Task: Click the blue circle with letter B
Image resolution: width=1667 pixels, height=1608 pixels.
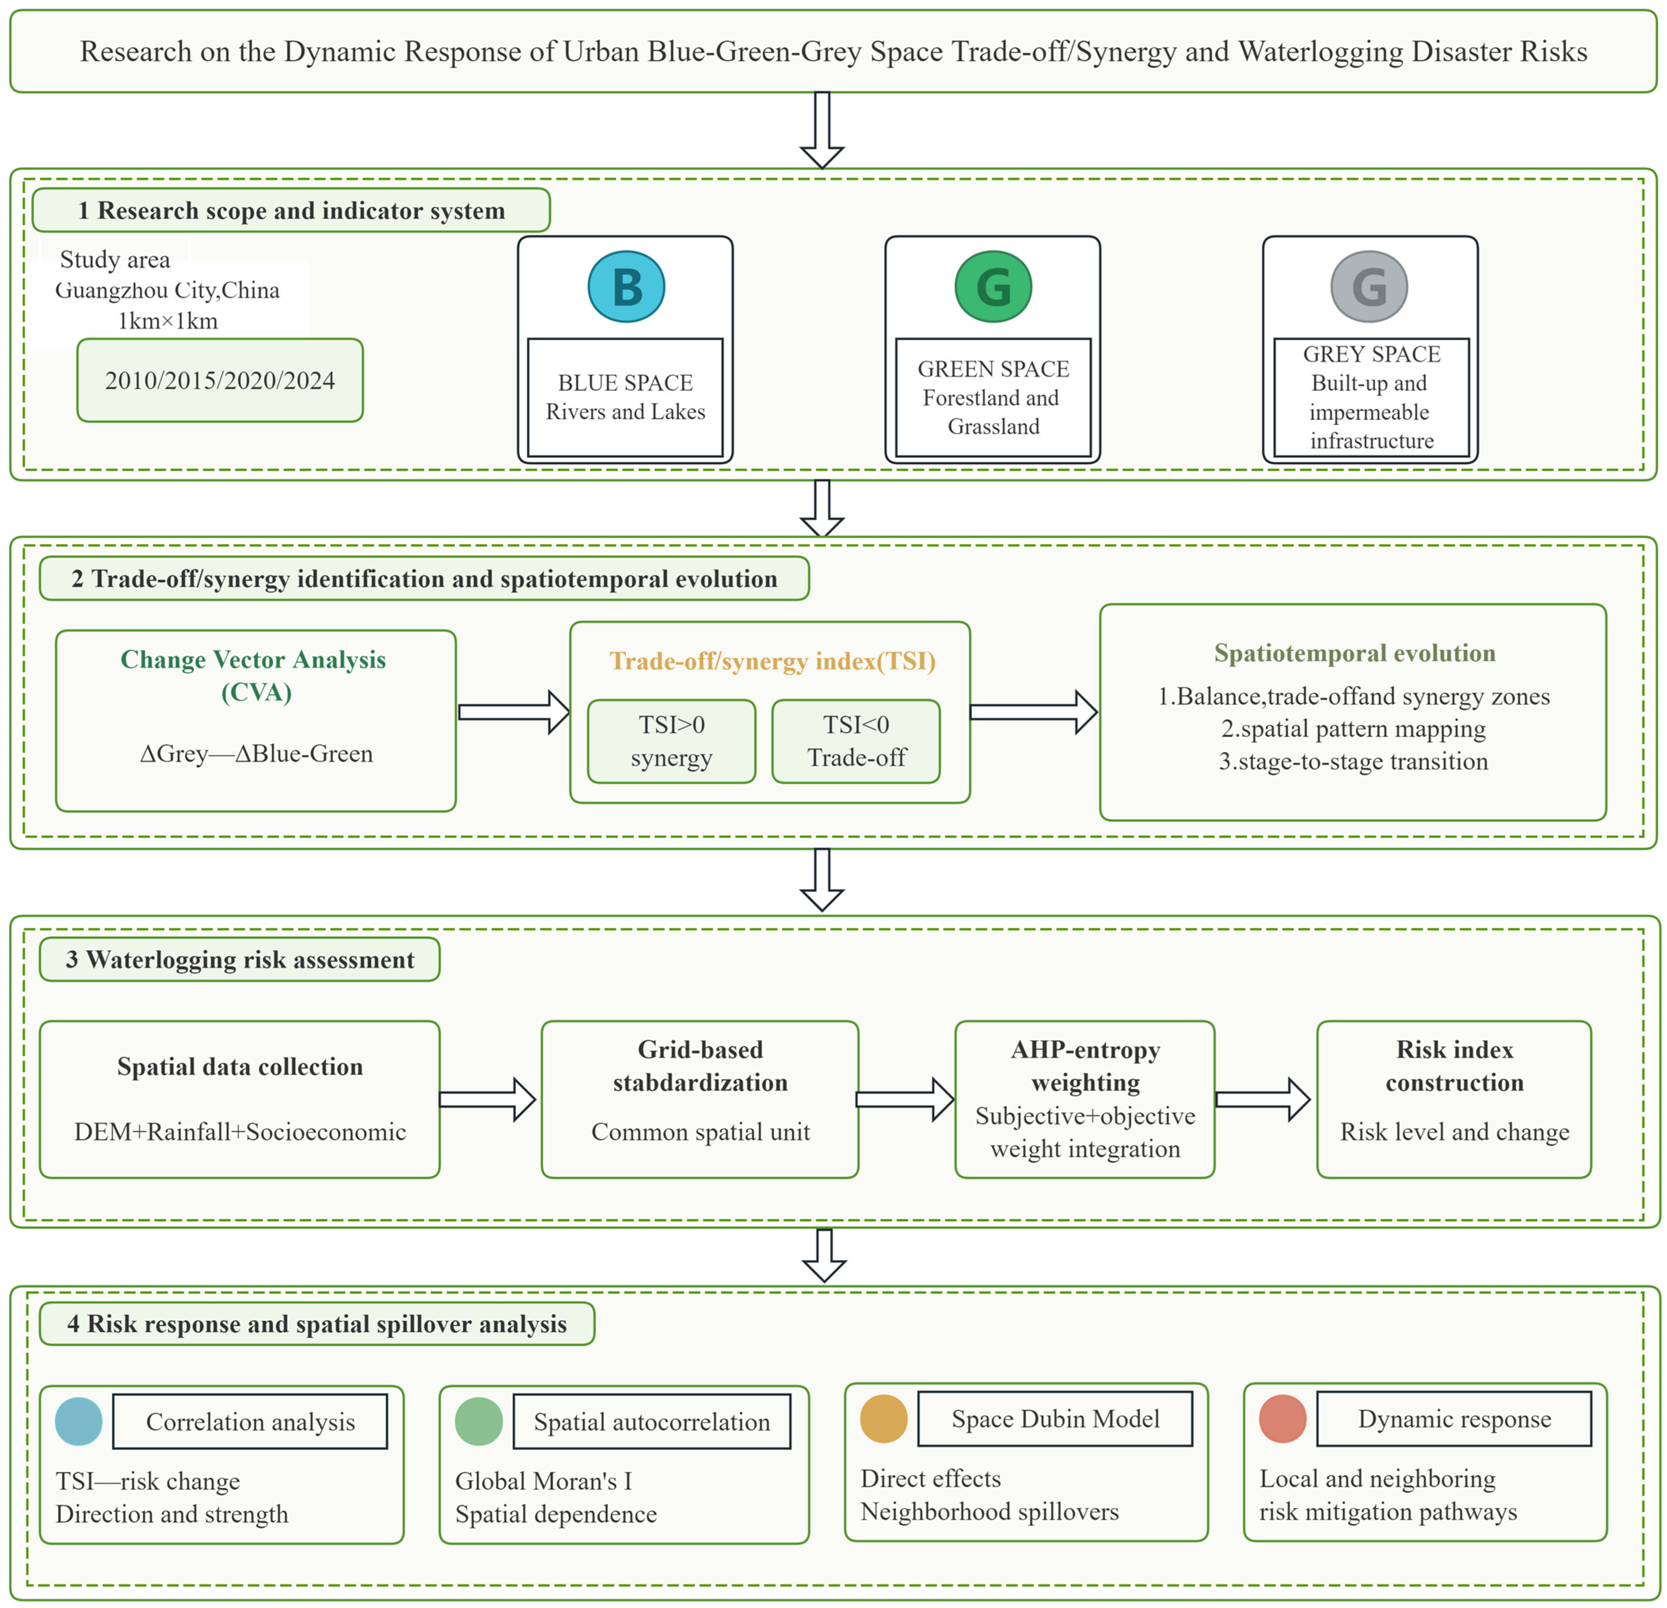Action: pos(626,287)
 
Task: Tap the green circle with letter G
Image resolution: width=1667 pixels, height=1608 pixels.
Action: pos(993,287)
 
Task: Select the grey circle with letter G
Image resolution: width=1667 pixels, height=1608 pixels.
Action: pos(1369,287)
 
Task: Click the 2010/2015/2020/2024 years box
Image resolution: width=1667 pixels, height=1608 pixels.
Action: pos(220,380)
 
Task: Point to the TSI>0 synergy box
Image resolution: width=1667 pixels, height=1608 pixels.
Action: pos(672,740)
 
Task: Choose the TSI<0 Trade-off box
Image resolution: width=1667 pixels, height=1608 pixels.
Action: pos(857,740)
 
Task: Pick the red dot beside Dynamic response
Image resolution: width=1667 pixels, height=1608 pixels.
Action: pos(1283,1418)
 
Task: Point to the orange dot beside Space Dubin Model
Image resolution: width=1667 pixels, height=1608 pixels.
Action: pos(884,1418)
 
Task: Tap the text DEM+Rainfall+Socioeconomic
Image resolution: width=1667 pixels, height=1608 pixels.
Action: pos(240,1132)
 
